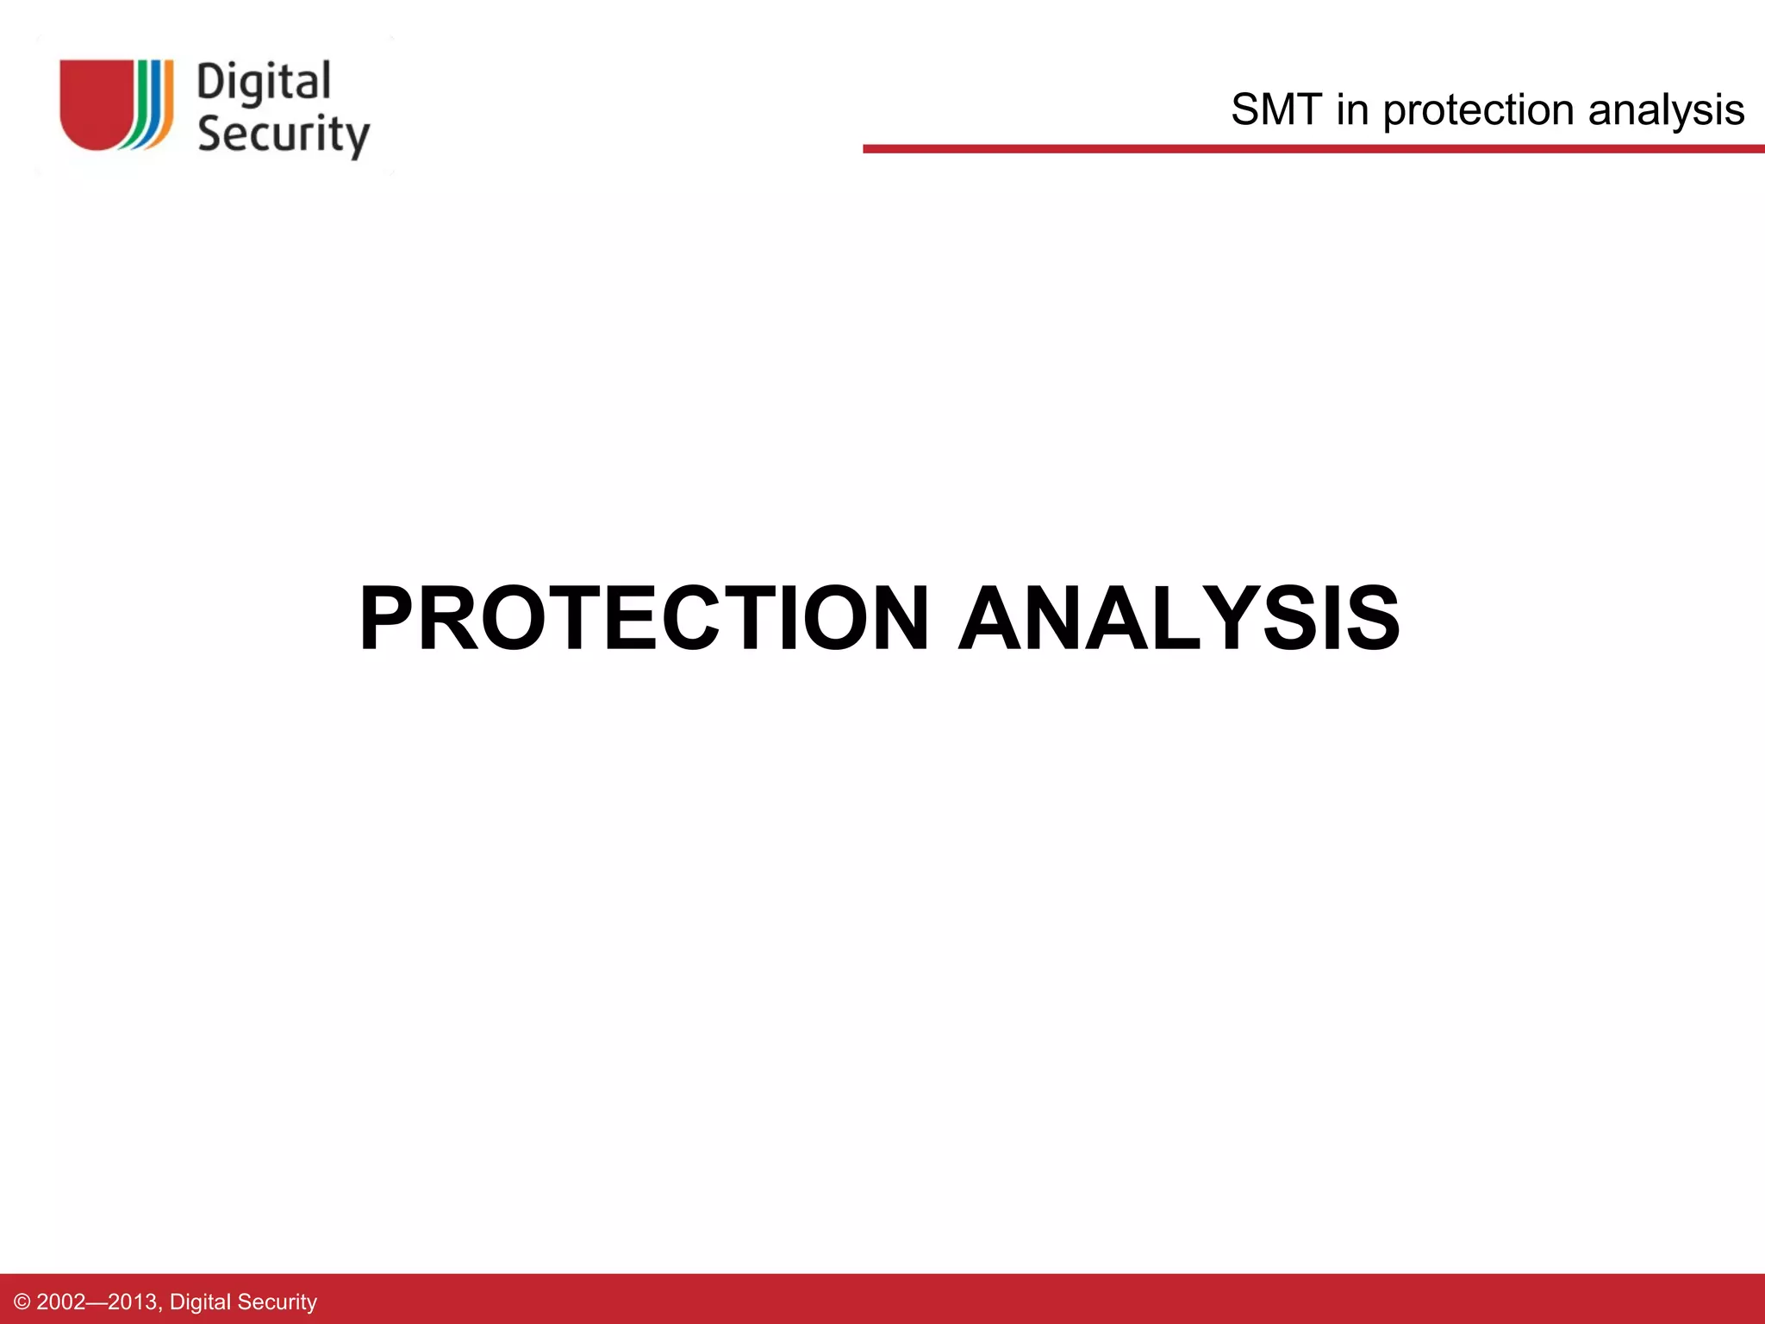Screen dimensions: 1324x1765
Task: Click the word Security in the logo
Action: pyautogui.click(x=283, y=134)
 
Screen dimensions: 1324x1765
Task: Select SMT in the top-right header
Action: pyautogui.click(x=1275, y=110)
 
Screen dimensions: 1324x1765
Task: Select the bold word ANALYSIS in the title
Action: pyautogui.click(x=1179, y=618)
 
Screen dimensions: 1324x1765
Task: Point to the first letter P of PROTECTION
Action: pyautogui.click(x=389, y=618)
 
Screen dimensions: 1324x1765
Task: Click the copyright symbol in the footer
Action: pyautogui.click(x=22, y=1302)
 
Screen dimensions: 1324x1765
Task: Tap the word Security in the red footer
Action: pyautogui.click(x=277, y=1302)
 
